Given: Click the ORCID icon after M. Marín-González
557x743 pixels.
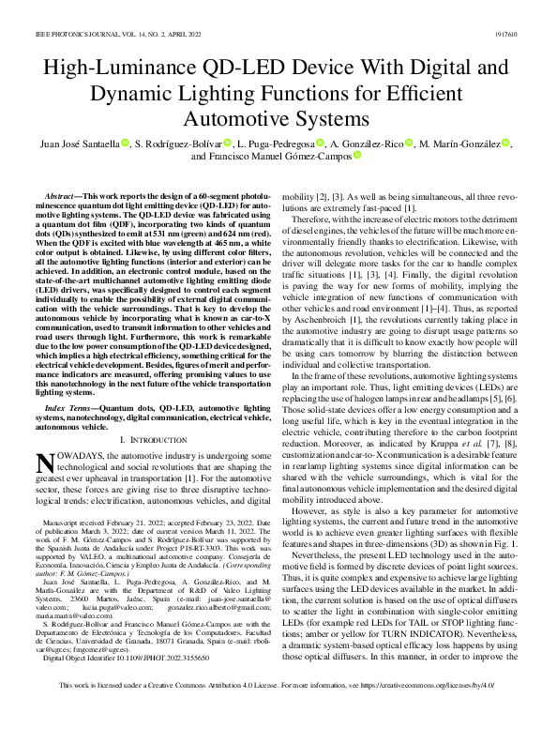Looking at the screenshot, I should pyautogui.click(x=507, y=143).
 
